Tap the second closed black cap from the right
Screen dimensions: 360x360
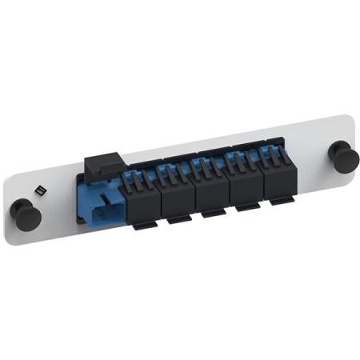244,185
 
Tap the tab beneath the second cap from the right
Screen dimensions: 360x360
247,208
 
